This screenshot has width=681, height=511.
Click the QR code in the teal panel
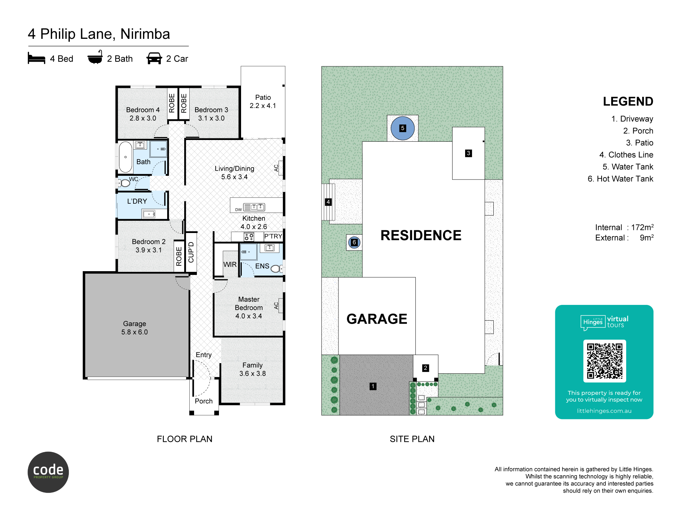pyautogui.click(x=604, y=361)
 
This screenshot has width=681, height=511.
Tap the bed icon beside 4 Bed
pyautogui.click(x=36, y=58)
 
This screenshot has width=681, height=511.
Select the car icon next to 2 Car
pyautogui.click(x=154, y=58)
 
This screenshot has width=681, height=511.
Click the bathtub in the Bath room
pyautogui.click(x=125, y=157)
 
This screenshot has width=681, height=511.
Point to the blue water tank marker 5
pyautogui.click(x=402, y=128)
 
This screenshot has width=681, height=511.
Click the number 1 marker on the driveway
pyautogui.click(x=373, y=386)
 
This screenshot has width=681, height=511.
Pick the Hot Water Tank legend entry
pyautogui.click(x=620, y=179)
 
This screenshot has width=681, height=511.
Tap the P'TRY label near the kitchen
pyautogui.click(x=273, y=236)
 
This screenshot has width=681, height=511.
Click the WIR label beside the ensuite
pyautogui.click(x=230, y=264)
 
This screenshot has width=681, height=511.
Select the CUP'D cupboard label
pyautogui.click(x=191, y=252)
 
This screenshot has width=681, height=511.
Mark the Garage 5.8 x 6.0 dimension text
pyautogui.click(x=134, y=332)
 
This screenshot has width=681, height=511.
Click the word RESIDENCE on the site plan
pyautogui.click(x=421, y=235)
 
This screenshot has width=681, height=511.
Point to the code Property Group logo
pyautogui.click(x=48, y=472)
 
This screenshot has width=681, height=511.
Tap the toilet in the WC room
pyautogui.click(x=125, y=183)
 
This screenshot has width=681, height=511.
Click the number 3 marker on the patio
pyautogui.click(x=469, y=153)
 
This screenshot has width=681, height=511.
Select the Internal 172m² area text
pyautogui.click(x=624, y=227)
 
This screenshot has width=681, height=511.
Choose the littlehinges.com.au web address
pyautogui.click(x=604, y=411)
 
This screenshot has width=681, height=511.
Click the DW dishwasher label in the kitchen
pyautogui.click(x=238, y=210)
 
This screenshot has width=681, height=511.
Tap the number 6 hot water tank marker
pyautogui.click(x=354, y=242)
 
